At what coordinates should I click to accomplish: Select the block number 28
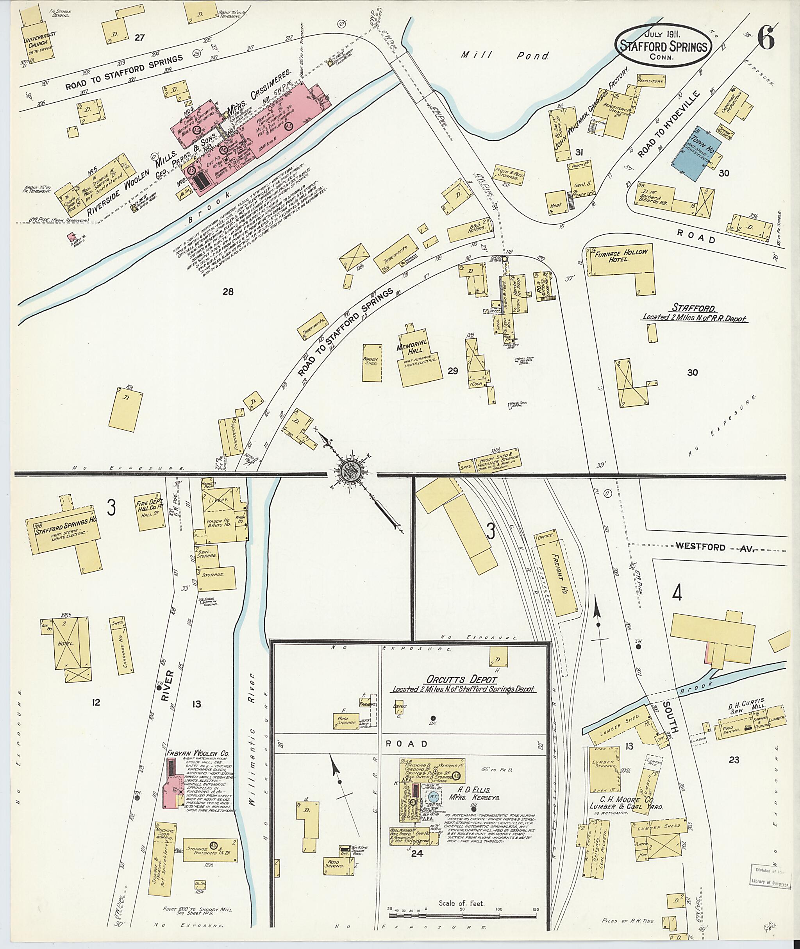point(228,292)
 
